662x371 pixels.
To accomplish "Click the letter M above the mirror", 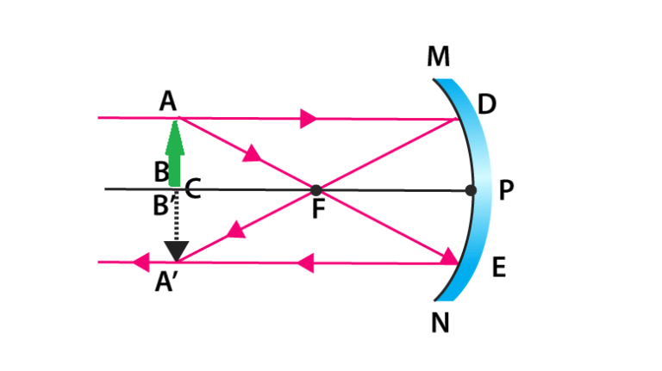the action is point(438,57).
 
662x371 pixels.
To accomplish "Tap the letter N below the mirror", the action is point(440,324).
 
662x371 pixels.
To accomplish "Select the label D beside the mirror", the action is point(487,104).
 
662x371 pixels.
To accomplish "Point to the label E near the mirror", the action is point(499,268).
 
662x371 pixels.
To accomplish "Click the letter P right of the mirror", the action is point(506,190).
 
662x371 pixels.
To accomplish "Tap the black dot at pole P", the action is point(471,190).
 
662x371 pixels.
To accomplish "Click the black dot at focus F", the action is point(315,190).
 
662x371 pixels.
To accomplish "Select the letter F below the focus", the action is point(319,209).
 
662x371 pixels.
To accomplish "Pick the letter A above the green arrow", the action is point(167,102).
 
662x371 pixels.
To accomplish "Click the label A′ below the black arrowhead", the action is point(165,281).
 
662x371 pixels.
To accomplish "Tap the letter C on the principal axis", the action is point(193,189).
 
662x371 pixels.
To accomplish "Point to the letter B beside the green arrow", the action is point(161,172).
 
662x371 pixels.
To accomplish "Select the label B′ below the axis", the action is point(164,206).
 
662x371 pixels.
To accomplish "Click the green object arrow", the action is point(175,153).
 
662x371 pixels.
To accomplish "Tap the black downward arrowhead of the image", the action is point(177,251).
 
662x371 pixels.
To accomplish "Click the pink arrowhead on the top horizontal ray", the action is point(309,119).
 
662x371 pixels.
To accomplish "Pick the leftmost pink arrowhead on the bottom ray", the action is point(141,263).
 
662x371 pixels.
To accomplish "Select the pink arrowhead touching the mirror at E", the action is point(449,257).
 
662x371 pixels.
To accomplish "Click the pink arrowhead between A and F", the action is point(253,153).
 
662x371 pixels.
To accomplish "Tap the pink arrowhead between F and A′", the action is point(236,230).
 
